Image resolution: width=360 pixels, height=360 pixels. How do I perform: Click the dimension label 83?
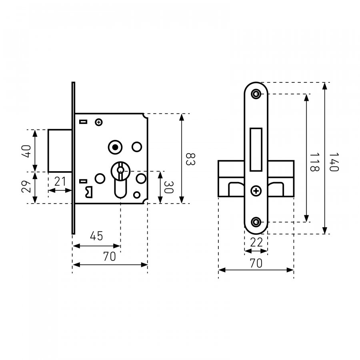tap(190, 159)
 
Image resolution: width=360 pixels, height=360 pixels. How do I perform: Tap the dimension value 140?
tap(334, 162)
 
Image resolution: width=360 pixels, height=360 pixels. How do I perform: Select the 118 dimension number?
tap(314, 162)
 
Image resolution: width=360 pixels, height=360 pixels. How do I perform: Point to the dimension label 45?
tap(96, 236)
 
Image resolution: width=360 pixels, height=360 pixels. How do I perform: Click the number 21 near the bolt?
tap(60, 181)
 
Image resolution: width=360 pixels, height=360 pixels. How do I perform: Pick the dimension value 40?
tap(26, 151)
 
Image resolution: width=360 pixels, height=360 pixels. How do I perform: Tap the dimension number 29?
tap(26, 186)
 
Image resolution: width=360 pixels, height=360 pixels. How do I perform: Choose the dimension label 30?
tap(168, 187)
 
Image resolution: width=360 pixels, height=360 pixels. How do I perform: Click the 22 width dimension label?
tap(256, 242)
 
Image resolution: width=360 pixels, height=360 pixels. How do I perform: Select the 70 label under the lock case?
tap(110, 256)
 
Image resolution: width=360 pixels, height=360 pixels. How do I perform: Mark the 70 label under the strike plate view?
tap(256, 263)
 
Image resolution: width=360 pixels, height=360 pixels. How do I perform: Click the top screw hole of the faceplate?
tap(256, 94)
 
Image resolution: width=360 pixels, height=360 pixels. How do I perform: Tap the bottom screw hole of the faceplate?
tap(256, 222)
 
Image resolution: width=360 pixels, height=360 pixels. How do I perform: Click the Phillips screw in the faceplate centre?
tap(256, 191)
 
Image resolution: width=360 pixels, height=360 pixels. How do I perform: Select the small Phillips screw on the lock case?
tap(99, 122)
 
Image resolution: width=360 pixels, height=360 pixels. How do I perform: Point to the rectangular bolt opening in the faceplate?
tap(256, 150)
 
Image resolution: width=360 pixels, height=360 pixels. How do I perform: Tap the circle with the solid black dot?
tap(115, 147)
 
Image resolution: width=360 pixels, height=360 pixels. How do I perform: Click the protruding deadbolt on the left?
tap(60, 151)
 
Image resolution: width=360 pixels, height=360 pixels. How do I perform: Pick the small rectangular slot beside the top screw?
tap(83, 122)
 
